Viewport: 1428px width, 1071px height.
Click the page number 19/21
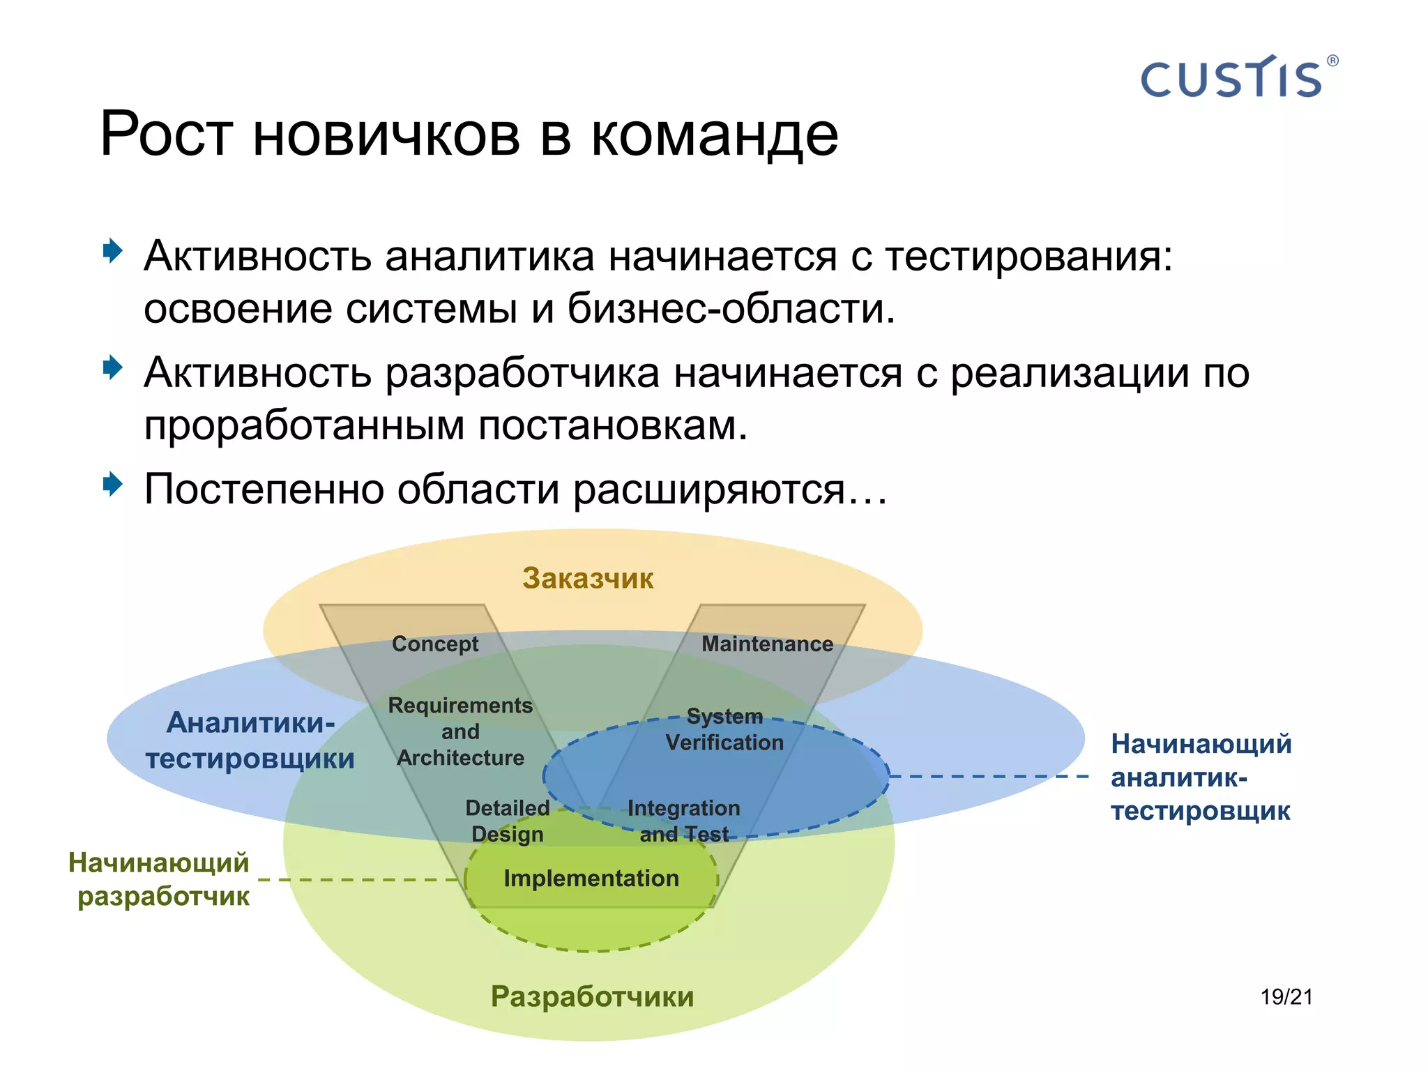pyautogui.click(x=1286, y=997)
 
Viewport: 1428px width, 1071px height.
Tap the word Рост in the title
pyautogui.click(x=165, y=134)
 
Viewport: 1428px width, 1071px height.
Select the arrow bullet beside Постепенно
pyautogui.click(x=112, y=484)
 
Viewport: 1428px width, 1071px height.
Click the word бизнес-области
pyautogui.click(x=730, y=308)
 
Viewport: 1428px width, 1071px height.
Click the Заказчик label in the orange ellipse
pyautogui.click(x=588, y=578)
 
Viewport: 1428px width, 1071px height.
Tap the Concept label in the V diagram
pyautogui.click(x=435, y=644)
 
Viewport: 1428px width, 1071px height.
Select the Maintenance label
pyautogui.click(x=767, y=644)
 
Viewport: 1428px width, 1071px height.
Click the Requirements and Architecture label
pyautogui.click(x=460, y=731)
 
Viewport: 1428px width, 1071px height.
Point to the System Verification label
pyautogui.click(x=724, y=729)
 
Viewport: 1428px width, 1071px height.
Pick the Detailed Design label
pyautogui.click(x=508, y=821)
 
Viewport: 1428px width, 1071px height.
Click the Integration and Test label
pyautogui.click(x=683, y=821)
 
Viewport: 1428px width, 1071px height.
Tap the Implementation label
pyautogui.click(x=591, y=879)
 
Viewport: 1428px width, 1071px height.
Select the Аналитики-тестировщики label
pyautogui.click(x=250, y=740)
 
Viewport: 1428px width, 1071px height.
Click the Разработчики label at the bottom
pyautogui.click(x=592, y=996)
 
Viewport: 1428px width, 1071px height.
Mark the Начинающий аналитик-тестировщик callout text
pyautogui.click(x=1201, y=777)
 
